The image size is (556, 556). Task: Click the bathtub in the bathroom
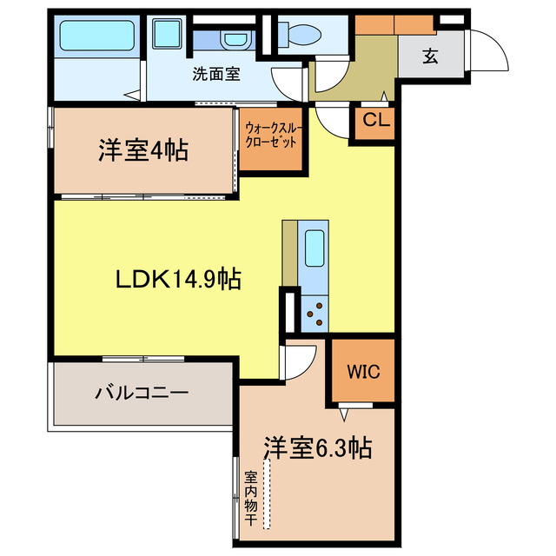[96, 35]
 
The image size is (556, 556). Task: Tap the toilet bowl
[300, 35]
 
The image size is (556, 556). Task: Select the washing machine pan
[167, 34]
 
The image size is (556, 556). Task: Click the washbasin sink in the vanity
[235, 39]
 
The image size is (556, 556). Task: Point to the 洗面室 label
[216, 74]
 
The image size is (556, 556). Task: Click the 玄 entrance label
[430, 56]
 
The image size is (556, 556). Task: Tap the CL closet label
[376, 120]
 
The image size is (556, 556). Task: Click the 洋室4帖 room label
[143, 150]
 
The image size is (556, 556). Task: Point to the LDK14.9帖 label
[179, 279]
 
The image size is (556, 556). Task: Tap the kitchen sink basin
[314, 248]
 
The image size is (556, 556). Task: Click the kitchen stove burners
[314, 314]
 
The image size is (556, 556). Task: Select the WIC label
[363, 371]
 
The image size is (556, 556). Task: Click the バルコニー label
[142, 393]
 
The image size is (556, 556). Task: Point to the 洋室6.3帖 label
[317, 447]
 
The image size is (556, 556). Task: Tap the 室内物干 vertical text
[250, 498]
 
